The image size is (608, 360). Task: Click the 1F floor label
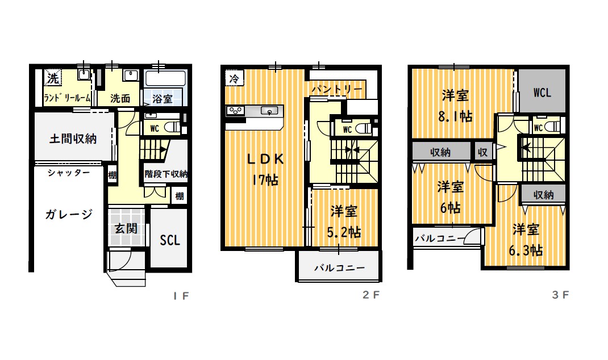[181, 296]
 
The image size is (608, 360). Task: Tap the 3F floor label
[560, 295]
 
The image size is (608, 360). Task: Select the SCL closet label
[170, 240]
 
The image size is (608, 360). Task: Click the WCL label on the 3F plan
[542, 93]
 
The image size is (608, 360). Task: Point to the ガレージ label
[69, 214]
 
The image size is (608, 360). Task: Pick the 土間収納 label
[73, 139]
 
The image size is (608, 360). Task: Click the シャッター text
[69, 173]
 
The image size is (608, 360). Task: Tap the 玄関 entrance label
[126, 228]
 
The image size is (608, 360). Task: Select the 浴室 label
[162, 99]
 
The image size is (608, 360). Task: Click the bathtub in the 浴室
[165, 79]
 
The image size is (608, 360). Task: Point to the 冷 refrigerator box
[234, 79]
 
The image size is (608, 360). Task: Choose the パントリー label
[337, 90]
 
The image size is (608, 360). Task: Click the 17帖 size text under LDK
[265, 180]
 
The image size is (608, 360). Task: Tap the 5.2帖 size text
[344, 232]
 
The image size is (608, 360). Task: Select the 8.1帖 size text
[455, 116]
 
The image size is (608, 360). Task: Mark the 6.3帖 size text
[526, 250]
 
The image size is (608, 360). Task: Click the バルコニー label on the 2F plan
[340, 268]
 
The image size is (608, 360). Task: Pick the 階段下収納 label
[166, 174]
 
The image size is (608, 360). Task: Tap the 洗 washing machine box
[53, 78]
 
